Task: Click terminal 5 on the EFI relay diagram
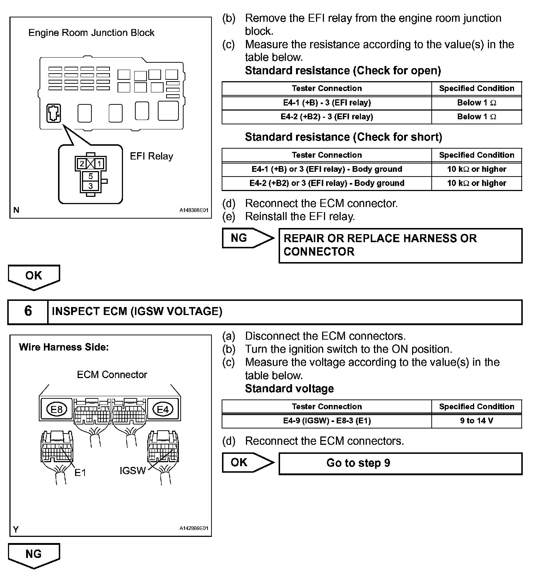(91, 177)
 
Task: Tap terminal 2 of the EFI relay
(82, 164)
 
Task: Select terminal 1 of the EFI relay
(99, 164)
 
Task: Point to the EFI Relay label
(151, 156)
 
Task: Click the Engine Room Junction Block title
(91, 33)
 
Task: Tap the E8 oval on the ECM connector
(57, 410)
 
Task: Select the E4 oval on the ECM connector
(163, 410)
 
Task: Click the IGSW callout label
(132, 471)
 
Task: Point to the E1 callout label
(80, 472)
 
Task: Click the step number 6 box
(28, 311)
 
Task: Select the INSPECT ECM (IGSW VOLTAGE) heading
(137, 311)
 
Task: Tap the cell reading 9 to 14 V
(476, 421)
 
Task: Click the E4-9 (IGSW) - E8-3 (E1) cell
(327, 421)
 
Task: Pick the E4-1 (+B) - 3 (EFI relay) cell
(327, 103)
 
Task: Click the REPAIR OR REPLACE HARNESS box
(400, 245)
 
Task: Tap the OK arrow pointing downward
(34, 277)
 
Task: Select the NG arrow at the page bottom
(34, 555)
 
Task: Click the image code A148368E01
(194, 210)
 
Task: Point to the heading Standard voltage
(289, 389)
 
